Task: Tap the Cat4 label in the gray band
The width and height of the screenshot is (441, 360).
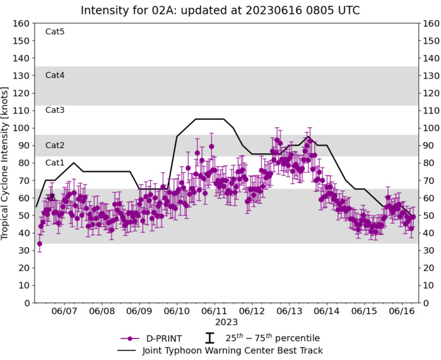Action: click(55, 75)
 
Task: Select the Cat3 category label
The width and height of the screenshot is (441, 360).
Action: click(55, 110)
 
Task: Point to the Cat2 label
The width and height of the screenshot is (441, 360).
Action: click(55, 145)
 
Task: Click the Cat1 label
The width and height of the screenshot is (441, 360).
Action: click(55, 163)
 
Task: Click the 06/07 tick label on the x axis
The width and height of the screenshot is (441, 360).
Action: click(64, 311)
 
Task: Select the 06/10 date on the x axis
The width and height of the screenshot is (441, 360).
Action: click(177, 311)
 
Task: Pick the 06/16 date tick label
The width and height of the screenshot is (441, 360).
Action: click(401, 311)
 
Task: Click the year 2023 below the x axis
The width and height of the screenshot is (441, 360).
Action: click(226, 322)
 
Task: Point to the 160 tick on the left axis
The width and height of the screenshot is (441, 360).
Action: click(23, 23)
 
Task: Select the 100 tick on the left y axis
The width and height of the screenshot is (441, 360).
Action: click(23, 128)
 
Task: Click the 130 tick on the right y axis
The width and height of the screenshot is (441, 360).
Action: click(431, 76)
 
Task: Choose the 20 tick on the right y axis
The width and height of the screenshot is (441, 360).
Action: click(429, 268)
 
